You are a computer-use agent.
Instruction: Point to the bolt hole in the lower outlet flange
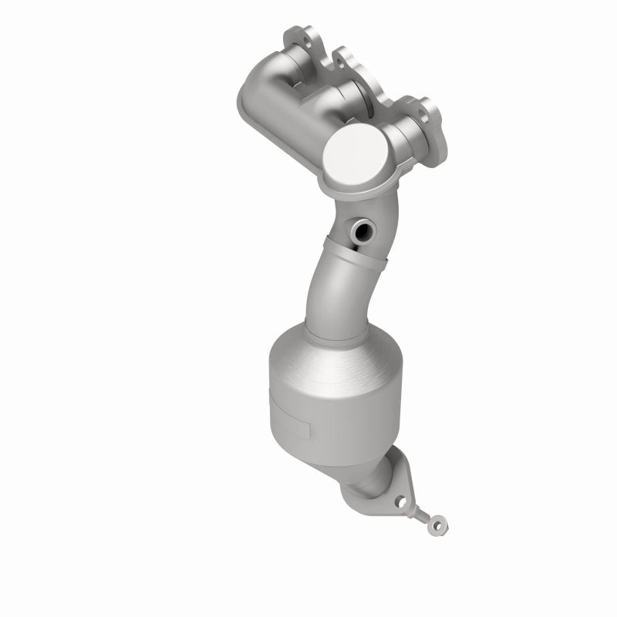point(400,501)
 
